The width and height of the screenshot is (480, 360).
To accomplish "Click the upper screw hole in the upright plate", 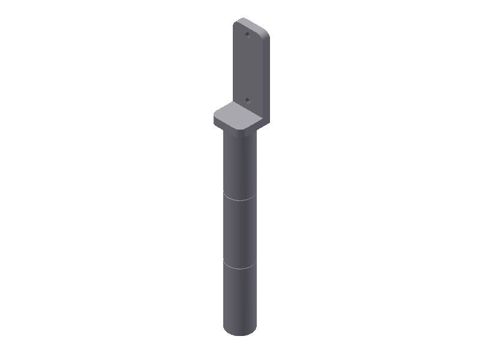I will [247, 34].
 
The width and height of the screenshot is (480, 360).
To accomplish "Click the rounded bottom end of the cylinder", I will [240, 332].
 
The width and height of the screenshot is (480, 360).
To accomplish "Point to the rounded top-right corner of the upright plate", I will [265, 31].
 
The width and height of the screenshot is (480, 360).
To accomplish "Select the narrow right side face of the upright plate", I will [265, 78].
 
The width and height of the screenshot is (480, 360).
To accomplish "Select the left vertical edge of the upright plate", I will [233, 66].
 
